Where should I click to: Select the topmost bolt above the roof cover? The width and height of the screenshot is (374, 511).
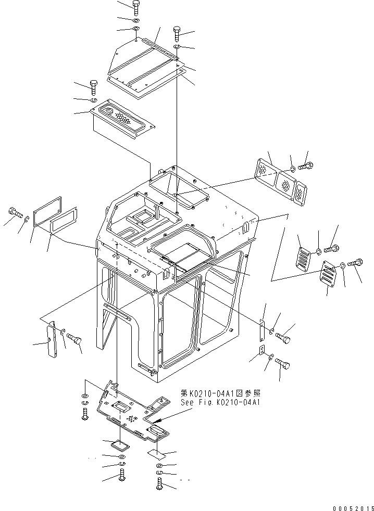click(x=136, y=7)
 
